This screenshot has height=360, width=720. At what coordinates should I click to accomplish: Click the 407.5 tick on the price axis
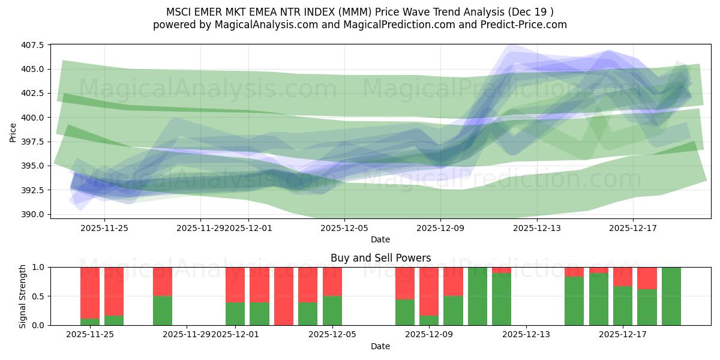pos(34,45)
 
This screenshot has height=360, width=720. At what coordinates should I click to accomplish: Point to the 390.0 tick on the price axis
pos(34,214)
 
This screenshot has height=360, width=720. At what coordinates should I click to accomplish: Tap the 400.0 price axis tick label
pos(34,118)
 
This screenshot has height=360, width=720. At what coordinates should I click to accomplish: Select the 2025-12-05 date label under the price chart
pos(344,228)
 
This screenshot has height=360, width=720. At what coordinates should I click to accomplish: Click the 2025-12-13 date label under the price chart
pos(536,228)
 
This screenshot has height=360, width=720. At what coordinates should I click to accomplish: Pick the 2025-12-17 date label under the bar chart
pos(622,334)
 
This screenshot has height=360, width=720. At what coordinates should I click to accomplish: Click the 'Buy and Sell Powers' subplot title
pos(380,259)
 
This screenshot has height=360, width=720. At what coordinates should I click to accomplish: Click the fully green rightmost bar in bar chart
pos(671,296)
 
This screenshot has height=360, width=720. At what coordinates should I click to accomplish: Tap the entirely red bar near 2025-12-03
pos(283,296)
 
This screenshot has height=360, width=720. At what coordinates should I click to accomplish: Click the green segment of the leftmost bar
pos(90,322)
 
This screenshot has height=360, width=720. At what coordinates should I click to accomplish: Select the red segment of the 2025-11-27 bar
pos(163,281)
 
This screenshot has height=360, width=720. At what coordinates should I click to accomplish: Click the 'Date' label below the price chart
pos(380,239)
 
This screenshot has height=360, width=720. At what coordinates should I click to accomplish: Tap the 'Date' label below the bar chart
pos(380,346)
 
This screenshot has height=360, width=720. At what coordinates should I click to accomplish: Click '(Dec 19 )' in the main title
pos(531,12)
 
